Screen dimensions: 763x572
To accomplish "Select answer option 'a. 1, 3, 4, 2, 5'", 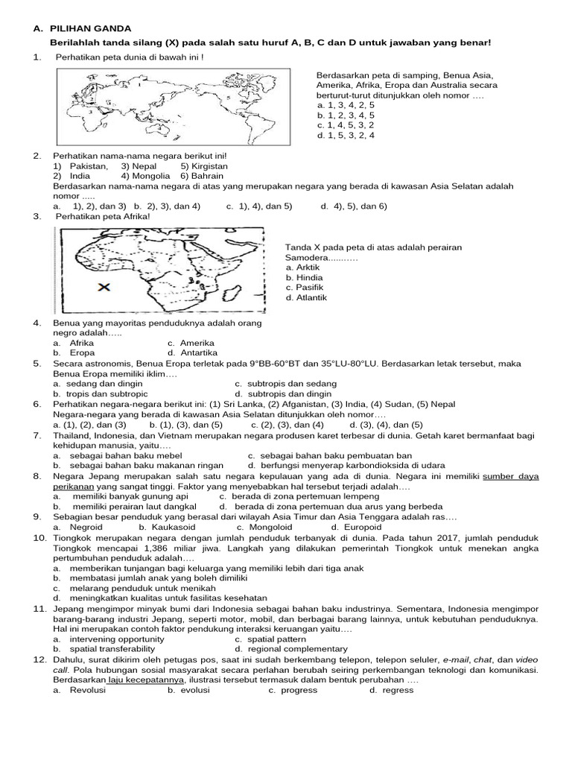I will coord(346,106).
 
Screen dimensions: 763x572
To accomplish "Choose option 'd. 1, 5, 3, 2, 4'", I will coord(346,136).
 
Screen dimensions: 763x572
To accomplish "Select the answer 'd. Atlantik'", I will coord(307,298).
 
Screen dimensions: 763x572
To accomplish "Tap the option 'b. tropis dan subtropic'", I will coord(101,393).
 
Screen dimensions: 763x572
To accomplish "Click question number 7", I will coord(37,434).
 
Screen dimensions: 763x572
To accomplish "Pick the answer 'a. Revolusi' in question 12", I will coord(80,690).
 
